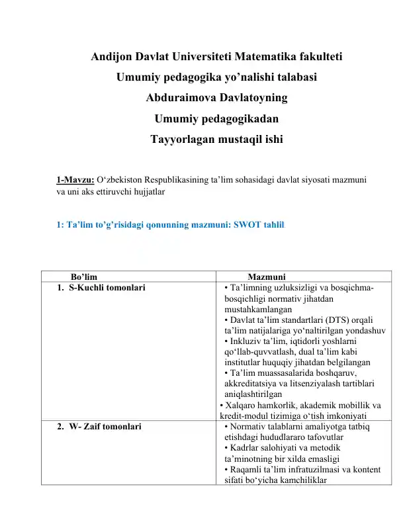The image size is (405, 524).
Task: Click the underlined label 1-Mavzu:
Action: coord(75,179)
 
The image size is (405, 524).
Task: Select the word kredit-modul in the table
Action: coord(245,416)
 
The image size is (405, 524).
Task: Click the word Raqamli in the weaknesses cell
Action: coord(246,470)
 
